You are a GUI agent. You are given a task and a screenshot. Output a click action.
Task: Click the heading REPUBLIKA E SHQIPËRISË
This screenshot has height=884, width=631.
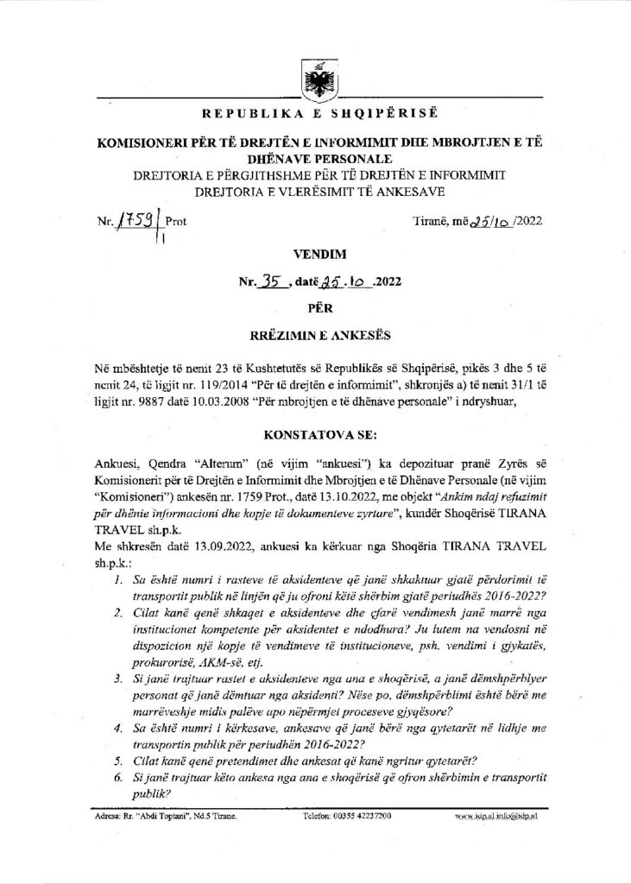315,115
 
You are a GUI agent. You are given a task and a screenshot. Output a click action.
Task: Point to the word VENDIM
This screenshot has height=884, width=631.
317,256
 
